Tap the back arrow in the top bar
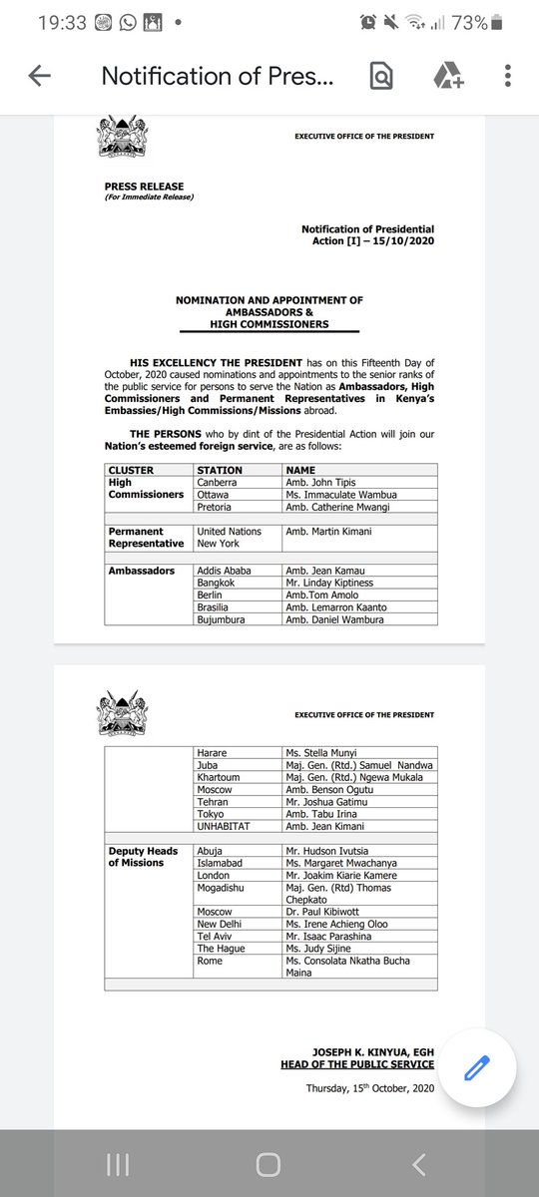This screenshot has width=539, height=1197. (x=40, y=76)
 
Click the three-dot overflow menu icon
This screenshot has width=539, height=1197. (x=508, y=76)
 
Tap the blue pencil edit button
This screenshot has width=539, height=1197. (x=474, y=1067)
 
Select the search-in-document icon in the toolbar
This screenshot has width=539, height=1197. (x=380, y=76)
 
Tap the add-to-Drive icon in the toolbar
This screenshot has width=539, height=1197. (x=445, y=76)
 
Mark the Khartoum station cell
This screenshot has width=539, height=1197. (x=221, y=777)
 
